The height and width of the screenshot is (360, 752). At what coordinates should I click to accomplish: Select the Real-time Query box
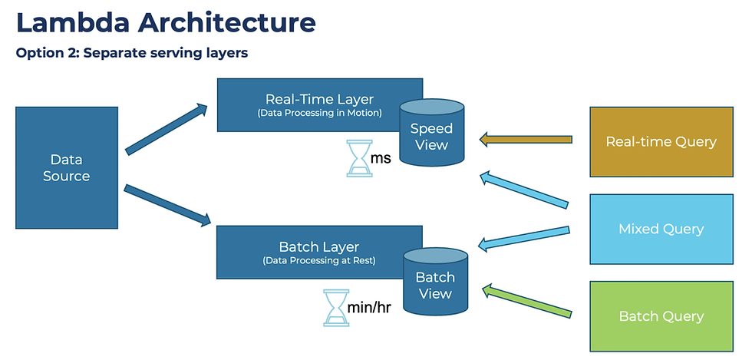661,141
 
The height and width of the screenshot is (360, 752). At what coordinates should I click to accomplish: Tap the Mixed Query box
661,229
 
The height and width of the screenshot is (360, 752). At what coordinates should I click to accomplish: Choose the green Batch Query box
661,315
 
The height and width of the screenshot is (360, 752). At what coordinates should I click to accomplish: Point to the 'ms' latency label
381,158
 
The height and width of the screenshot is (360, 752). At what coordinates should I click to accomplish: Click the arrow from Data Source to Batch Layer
167,205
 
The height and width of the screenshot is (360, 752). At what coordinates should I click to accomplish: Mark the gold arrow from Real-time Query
526,140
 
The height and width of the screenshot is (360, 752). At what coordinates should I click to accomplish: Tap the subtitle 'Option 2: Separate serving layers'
131,54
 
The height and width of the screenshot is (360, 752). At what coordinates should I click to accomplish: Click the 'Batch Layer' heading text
318,247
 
